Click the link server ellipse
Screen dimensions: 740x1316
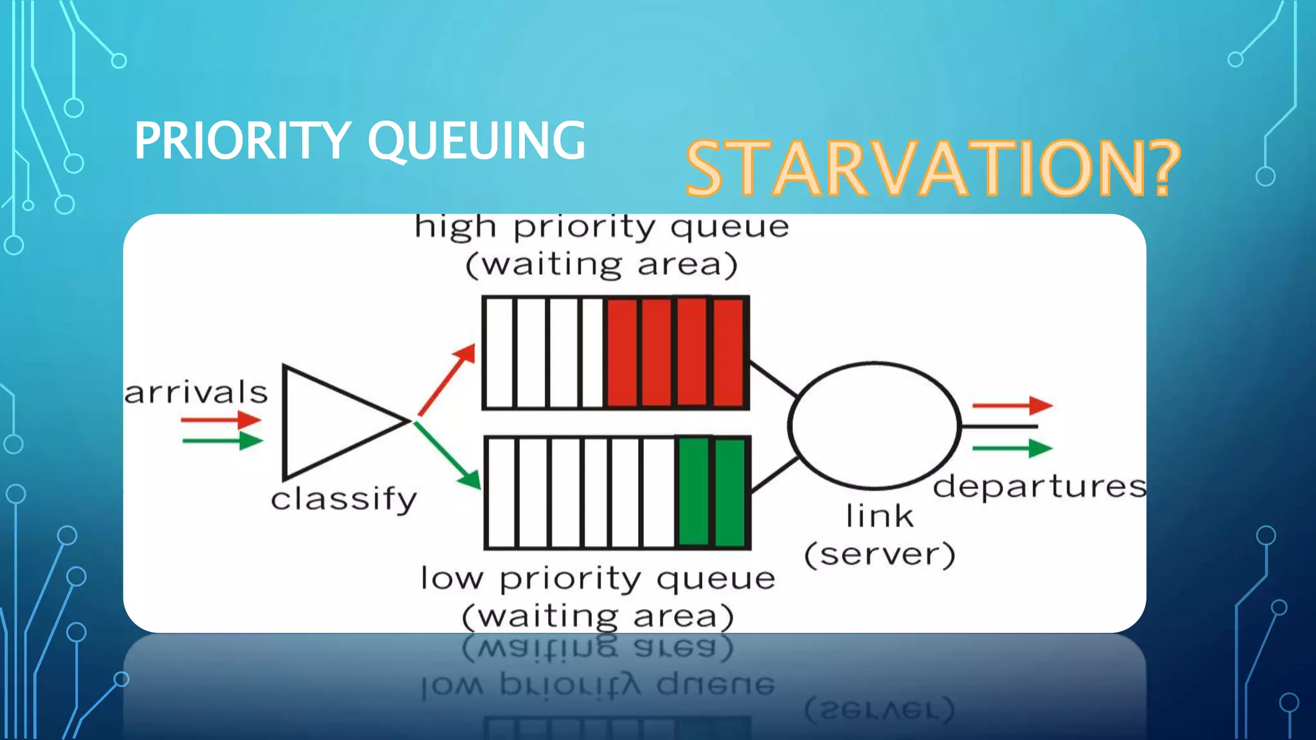pyautogui.click(x=874, y=425)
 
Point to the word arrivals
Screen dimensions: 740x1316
pyautogui.click(x=196, y=392)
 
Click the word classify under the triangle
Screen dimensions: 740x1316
pyautogui.click(x=344, y=499)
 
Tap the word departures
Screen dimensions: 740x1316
pyautogui.click(x=1039, y=486)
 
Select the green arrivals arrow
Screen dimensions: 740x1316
pyautogui.click(x=222, y=441)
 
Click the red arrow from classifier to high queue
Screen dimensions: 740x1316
pyautogui.click(x=447, y=380)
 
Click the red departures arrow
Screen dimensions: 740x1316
pyautogui.click(x=1012, y=405)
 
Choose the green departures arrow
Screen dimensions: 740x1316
pyautogui.click(x=1012, y=448)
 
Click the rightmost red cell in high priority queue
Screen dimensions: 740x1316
pyautogui.click(x=728, y=353)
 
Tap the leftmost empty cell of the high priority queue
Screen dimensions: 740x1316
pyautogui.click(x=499, y=353)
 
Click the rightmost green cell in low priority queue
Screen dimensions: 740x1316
pyautogui.click(x=730, y=493)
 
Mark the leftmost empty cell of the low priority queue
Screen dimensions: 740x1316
pyautogui.click(x=501, y=493)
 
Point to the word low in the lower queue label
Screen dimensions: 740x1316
pyautogui.click(x=451, y=578)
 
